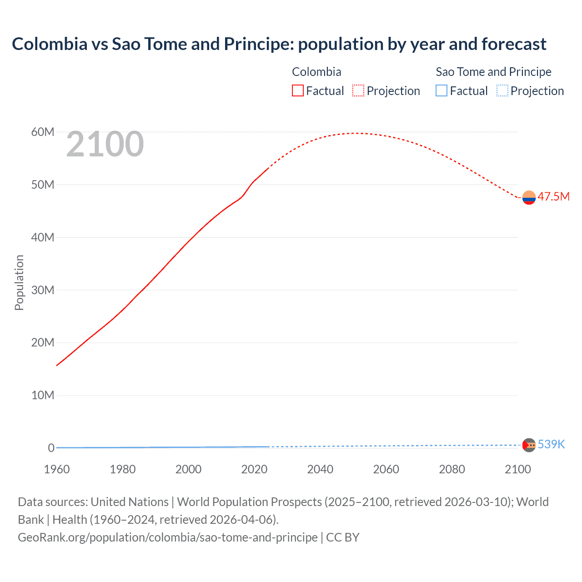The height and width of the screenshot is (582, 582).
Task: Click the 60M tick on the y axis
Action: [x=43, y=132]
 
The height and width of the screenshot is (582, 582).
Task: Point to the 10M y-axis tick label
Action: [x=43, y=395]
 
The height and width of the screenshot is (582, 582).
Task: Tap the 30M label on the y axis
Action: [x=43, y=290]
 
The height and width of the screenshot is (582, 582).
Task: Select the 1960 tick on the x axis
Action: [x=57, y=469]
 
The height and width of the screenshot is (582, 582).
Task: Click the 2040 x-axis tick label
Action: [x=320, y=469]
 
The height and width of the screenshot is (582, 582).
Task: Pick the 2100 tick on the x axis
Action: [x=517, y=469]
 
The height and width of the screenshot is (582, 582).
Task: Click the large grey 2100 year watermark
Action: [x=105, y=145]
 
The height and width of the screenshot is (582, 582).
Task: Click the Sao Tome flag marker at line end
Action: [x=529, y=445]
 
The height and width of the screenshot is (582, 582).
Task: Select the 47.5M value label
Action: [x=553, y=197]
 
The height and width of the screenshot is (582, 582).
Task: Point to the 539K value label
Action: [x=551, y=445]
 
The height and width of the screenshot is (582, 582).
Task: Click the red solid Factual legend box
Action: [x=298, y=91]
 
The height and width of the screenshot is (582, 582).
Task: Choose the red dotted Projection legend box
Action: [x=358, y=91]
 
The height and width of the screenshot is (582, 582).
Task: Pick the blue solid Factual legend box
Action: [x=442, y=91]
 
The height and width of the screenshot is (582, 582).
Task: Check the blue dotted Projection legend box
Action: [x=502, y=91]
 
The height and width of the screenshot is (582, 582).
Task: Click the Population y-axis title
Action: [x=19, y=282]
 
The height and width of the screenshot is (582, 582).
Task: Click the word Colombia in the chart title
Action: [x=50, y=44]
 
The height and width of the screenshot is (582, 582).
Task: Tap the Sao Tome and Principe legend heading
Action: [x=493, y=72]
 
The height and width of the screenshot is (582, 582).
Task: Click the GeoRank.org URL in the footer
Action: [x=168, y=537]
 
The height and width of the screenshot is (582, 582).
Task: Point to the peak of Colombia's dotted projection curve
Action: [x=357, y=133]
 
